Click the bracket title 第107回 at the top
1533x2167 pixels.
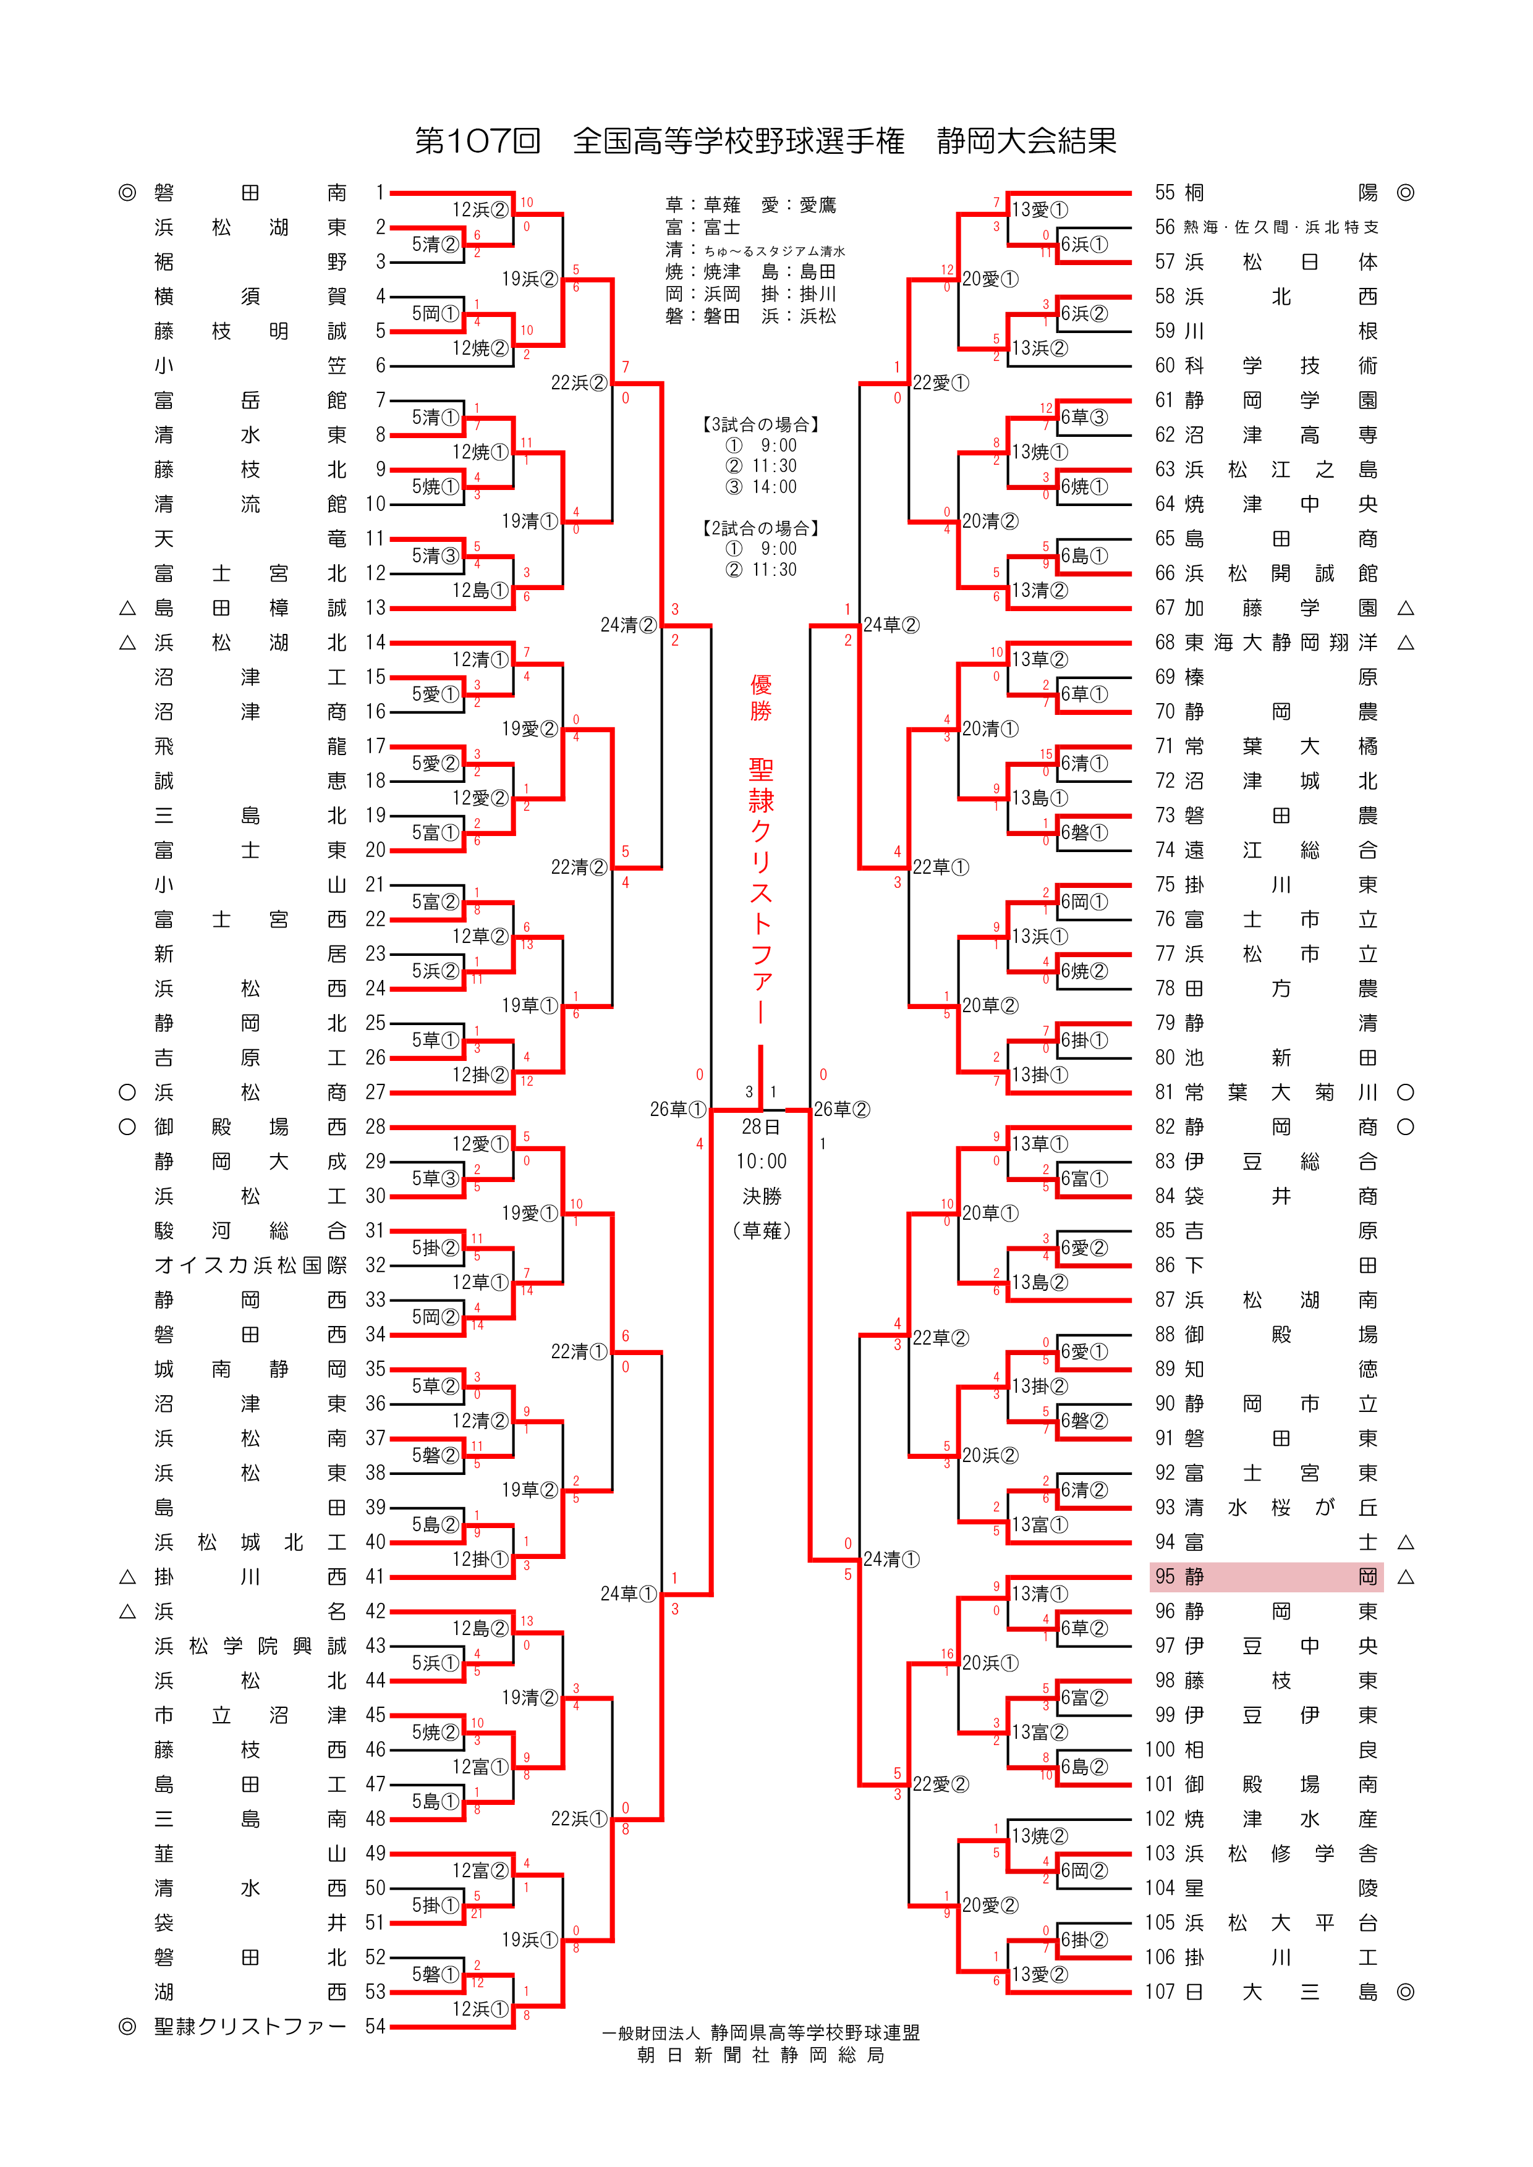(x=478, y=142)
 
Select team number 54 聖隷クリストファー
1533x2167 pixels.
(x=250, y=2026)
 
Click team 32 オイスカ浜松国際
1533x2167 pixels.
(x=250, y=1265)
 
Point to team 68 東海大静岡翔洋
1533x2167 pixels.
(x=1280, y=643)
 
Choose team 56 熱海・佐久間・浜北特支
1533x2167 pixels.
(x=1280, y=227)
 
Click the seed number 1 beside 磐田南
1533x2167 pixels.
(x=380, y=193)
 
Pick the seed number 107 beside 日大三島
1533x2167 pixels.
(x=1160, y=1992)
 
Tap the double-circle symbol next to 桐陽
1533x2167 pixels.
(x=1406, y=193)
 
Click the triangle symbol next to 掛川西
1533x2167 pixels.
(x=127, y=1577)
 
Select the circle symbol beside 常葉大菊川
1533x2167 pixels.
(x=1406, y=1092)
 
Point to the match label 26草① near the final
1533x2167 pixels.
(x=677, y=1109)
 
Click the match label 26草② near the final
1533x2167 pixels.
(x=842, y=1109)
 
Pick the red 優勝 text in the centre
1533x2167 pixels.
(x=761, y=698)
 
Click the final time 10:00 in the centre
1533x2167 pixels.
(x=761, y=1161)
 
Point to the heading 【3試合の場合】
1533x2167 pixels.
(x=761, y=425)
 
